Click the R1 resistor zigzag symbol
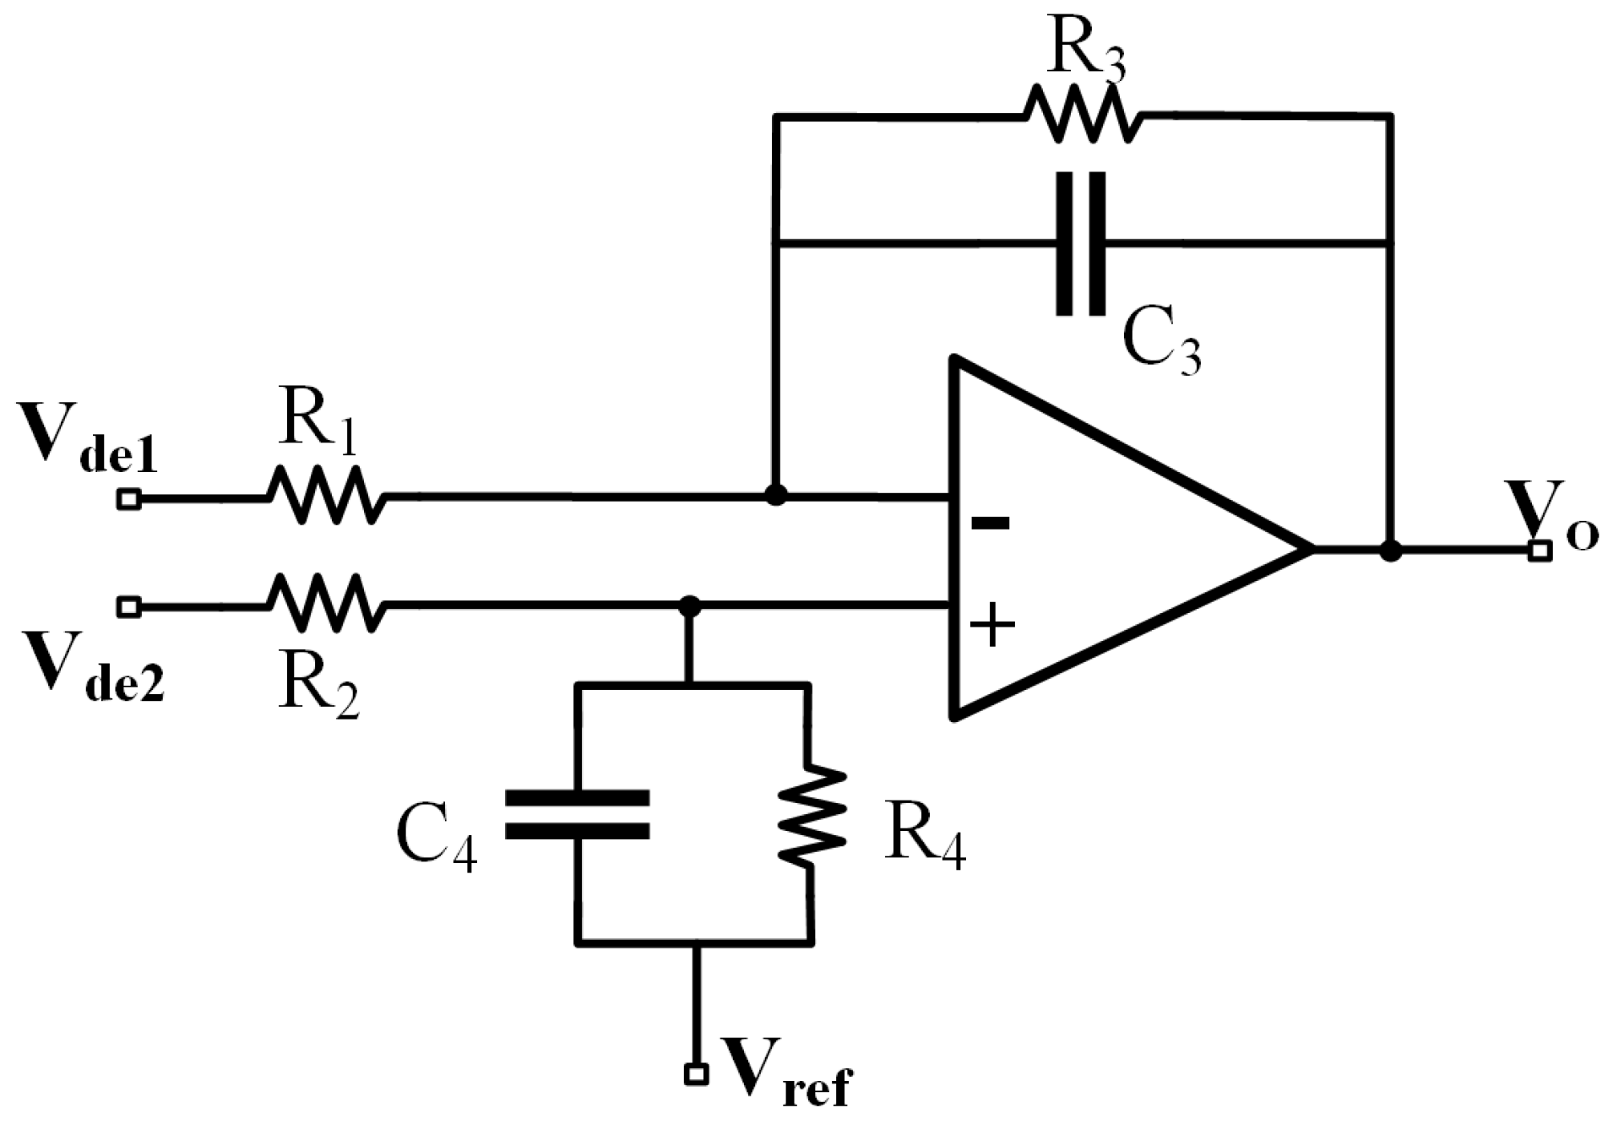coord(326,496)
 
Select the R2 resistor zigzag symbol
coord(326,603)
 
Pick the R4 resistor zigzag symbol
coord(812,815)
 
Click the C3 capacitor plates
coord(1080,244)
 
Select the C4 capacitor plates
coord(578,814)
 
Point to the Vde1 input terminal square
coord(128,499)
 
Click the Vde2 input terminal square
coord(128,606)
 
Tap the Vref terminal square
coord(696,1074)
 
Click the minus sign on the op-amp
coord(990,524)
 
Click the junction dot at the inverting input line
coord(775,495)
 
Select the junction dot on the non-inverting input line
coord(690,605)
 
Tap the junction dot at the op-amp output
coord(1390,551)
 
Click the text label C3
coord(1161,345)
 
